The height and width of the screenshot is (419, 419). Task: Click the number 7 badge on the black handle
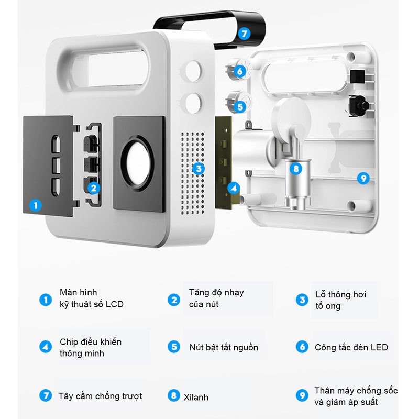(244, 34)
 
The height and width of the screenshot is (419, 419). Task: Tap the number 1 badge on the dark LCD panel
(36, 205)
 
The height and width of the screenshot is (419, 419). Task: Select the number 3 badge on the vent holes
(199, 169)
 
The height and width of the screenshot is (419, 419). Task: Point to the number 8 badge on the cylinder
(296, 169)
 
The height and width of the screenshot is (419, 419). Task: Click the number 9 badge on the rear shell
(363, 178)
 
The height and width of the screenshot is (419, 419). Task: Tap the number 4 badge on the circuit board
(234, 189)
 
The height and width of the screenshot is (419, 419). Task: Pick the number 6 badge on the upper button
(240, 71)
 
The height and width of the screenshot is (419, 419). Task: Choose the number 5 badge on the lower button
(240, 107)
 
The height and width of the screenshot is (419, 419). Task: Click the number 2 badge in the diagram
(94, 188)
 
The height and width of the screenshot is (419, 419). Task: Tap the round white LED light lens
(138, 164)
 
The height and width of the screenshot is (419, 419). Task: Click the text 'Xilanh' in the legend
(196, 398)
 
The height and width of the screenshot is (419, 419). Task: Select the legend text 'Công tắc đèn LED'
(351, 347)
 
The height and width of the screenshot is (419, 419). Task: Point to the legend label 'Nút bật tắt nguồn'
(224, 347)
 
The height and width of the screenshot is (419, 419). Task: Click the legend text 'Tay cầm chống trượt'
(100, 396)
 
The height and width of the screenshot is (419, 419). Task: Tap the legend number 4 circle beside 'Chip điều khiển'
(46, 347)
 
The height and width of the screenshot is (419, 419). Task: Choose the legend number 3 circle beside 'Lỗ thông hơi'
(302, 300)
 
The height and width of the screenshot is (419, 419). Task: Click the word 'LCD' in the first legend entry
(114, 304)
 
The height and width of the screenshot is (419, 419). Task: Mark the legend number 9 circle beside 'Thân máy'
(302, 395)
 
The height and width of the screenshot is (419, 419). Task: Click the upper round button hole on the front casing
(193, 71)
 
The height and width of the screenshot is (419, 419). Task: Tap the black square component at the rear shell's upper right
(358, 76)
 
